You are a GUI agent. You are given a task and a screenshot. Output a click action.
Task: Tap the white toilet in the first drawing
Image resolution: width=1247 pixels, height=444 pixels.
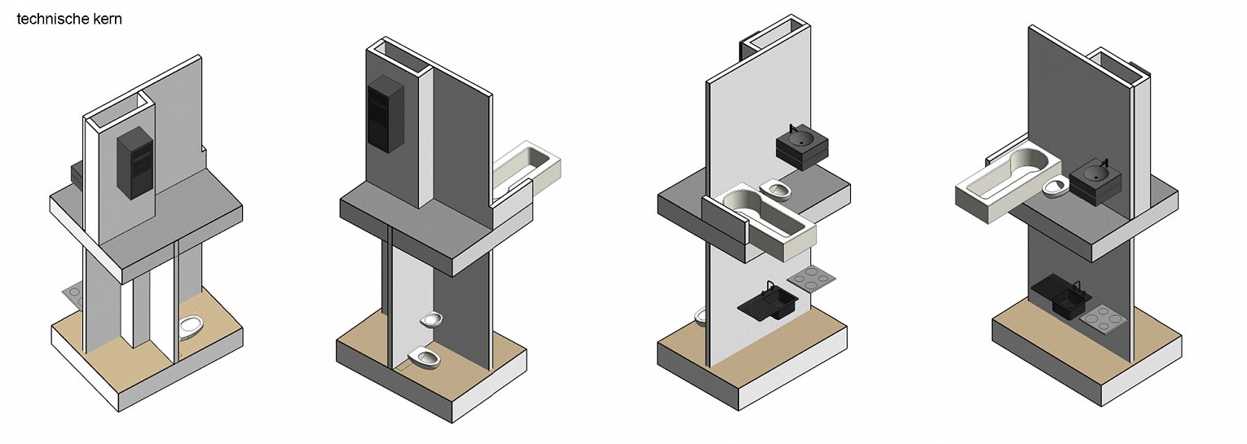(x=192, y=328)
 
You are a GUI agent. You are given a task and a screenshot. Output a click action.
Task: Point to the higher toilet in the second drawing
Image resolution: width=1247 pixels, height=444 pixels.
(x=431, y=320)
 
